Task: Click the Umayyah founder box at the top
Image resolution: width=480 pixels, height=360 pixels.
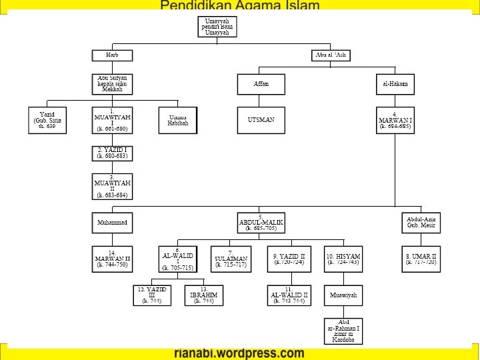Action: click(217, 27)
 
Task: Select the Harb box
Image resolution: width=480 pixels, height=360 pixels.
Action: click(111, 55)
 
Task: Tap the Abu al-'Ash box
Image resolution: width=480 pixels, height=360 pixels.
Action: click(331, 55)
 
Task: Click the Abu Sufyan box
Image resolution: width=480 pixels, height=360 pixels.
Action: click(111, 84)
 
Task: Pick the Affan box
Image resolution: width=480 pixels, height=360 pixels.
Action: click(261, 84)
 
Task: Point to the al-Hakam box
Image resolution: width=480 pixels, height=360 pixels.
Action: click(395, 84)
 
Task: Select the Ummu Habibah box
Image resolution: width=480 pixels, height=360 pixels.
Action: click(178, 120)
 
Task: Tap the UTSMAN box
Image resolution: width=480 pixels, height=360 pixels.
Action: click(261, 120)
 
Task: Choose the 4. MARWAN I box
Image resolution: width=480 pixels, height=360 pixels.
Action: click(395, 120)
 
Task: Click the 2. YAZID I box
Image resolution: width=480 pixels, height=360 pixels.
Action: click(111, 153)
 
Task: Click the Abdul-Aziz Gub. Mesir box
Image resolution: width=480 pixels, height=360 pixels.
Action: click(421, 222)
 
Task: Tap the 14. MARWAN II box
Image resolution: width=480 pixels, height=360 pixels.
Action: click(111, 259)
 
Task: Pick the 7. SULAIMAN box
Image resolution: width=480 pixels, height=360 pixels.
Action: click(231, 259)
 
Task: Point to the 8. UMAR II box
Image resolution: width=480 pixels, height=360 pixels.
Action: click(421, 259)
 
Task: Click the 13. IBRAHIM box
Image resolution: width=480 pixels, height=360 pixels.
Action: click(203, 295)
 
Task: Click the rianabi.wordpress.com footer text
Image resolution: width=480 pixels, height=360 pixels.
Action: click(239, 353)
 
